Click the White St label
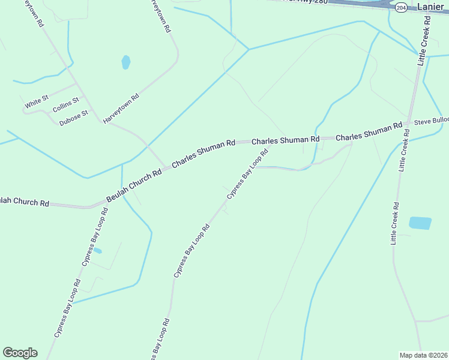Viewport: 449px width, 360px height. coord(37,101)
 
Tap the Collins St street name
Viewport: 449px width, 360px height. coord(65,106)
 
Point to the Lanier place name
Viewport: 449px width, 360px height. coord(430,7)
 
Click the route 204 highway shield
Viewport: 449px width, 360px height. coord(402,7)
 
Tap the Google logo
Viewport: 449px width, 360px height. coord(20,353)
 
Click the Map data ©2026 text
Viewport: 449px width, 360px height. coord(423,355)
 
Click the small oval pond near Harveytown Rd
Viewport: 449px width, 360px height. coord(126,62)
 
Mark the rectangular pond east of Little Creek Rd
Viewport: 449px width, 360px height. coord(420,223)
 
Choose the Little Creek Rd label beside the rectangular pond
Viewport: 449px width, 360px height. coord(395,223)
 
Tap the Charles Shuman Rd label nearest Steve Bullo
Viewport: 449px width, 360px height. coord(369,133)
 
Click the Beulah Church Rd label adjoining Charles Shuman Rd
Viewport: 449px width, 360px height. coord(134,185)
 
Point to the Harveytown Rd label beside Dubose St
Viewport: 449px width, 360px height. coord(121,109)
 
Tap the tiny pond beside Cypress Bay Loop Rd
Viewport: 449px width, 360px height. coord(97,250)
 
